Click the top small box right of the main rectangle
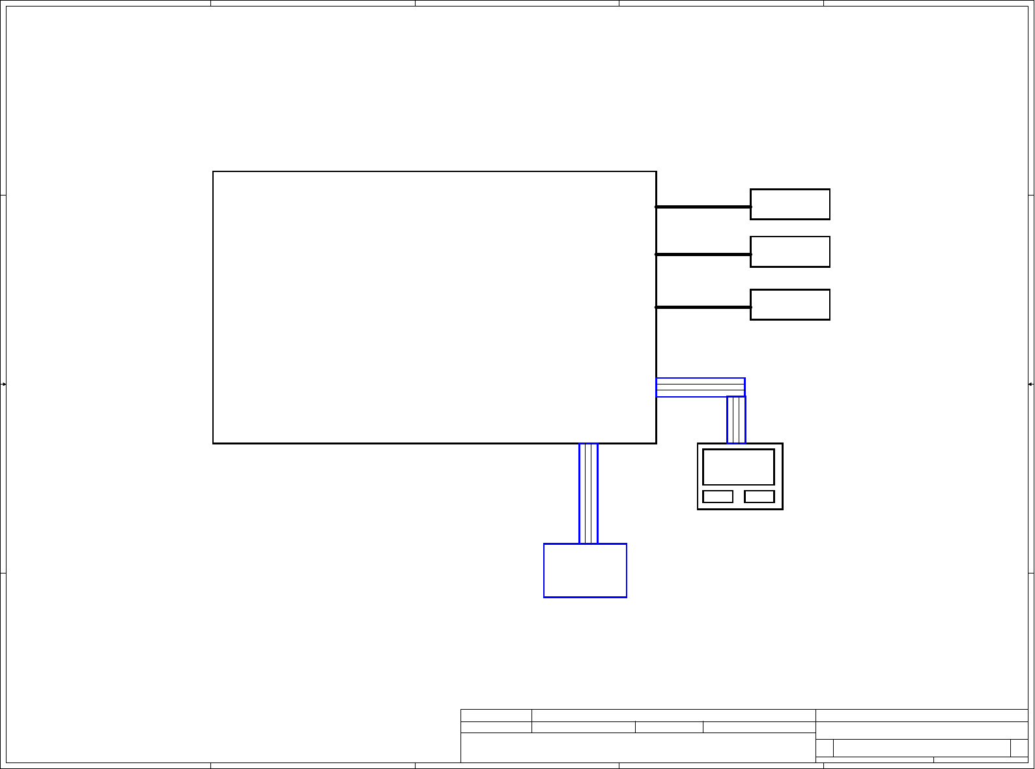pyautogui.click(x=789, y=204)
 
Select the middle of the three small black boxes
pyautogui.click(x=789, y=252)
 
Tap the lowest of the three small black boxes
pyautogui.click(x=789, y=304)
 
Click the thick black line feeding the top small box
pyautogui.click(x=703, y=207)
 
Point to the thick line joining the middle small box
pyautogui.click(x=703, y=254)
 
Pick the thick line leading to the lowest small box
pyautogui.click(x=703, y=307)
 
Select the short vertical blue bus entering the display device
pyautogui.click(x=736, y=420)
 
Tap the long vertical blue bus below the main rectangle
pyautogui.click(x=588, y=493)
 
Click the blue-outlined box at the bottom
pyautogui.click(x=585, y=570)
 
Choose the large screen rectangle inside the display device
pyautogui.click(x=739, y=467)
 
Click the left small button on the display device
pyautogui.click(x=718, y=497)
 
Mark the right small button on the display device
pyautogui.click(x=759, y=497)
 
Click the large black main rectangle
pyautogui.click(x=434, y=307)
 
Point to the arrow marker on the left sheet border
pyautogui.click(x=4, y=384)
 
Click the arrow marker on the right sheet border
pyautogui.click(x=1030, y=384)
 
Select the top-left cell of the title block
pyautogui.click(x=496, y=716)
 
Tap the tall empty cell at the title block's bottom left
pyautogui.click(x=638, y=747)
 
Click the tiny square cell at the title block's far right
pyautogui.click(x=1019, y=748)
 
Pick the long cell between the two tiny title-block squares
pyautogui.click(x=922, y=748)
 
